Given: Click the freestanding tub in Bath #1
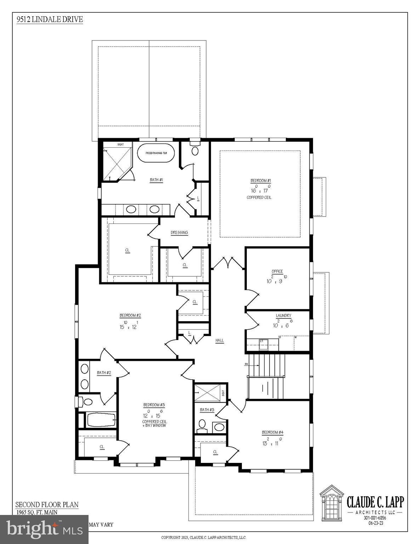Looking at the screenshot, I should [156, 153].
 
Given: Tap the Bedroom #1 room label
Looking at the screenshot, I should [261, 181].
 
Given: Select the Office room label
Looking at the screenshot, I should [277, 271].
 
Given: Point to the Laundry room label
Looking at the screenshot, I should [284, 316].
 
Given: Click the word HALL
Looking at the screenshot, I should [220, 340].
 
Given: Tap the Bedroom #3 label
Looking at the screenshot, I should [154, 405].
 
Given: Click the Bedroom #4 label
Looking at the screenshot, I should [272, 432].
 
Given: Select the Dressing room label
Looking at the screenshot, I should [179, 233].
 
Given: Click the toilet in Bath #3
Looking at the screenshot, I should [202, 425].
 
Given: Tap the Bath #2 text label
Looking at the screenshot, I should [104, 373].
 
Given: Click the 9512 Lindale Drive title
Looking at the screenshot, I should [50, 19].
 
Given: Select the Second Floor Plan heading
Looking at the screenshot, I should [47, 505].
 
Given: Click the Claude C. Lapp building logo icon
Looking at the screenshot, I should [332, 503].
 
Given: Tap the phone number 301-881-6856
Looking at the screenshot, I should [375, 518].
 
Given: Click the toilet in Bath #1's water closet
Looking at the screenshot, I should [195, 150].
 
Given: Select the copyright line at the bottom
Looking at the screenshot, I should [204, 537].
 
